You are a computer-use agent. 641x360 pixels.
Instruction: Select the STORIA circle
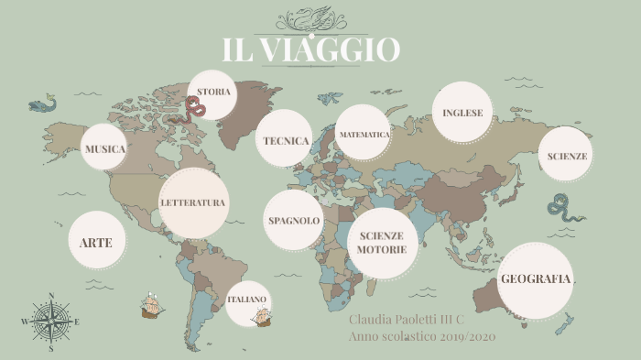coord(214,92)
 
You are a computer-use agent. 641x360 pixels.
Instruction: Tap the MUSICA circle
coord(103,147)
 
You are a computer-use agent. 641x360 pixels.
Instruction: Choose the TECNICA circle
coord(285,140)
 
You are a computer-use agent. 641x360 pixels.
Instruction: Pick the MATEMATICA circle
coord(364,134)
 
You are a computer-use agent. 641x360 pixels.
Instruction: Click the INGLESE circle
coord(462,113)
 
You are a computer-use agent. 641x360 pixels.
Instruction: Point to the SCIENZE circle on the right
coord(567,156)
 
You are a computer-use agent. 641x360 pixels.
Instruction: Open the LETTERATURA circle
coord(193,202)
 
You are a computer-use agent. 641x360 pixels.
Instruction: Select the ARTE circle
coord(96,242)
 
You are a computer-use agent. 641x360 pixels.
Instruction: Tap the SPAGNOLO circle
coord(294,221)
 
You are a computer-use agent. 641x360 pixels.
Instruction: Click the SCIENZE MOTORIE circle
coord(382,242)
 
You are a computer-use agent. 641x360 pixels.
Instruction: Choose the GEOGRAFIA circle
coord(536,279)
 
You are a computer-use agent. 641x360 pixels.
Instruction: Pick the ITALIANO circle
coord(247,300)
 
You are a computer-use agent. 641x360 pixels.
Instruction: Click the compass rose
coord(51,322)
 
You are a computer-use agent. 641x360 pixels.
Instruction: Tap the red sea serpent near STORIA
coord(195,109)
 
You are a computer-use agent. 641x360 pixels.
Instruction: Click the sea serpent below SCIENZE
coord(564,211)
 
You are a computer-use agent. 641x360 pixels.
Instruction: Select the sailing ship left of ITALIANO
coord(153,306)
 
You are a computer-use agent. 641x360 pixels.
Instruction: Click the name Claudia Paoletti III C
coord(407,321)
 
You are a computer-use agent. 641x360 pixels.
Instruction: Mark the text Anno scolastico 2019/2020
coord(421,337)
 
